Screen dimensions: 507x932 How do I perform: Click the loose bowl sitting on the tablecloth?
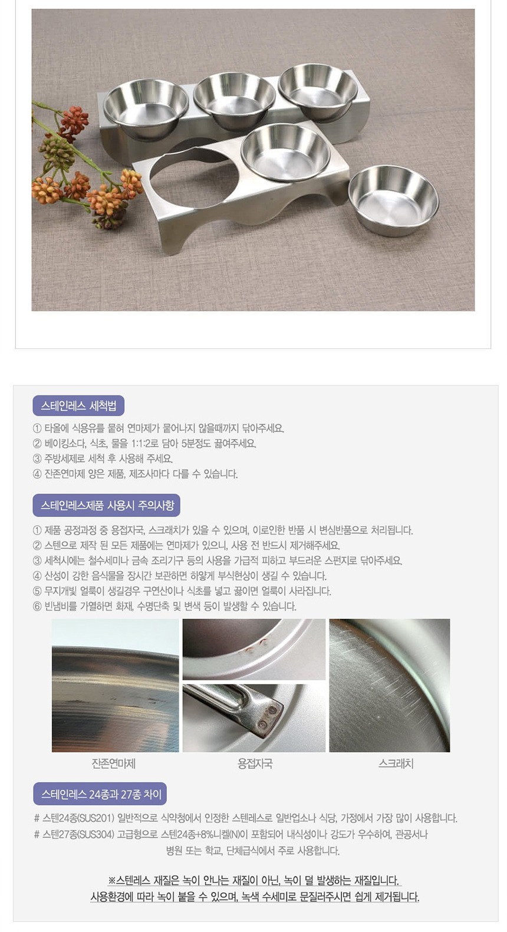[393, 200]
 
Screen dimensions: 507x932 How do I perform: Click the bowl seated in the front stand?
[286, 153]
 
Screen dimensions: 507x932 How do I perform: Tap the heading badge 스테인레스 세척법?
[78, 406]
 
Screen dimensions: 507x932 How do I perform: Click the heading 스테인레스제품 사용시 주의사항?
[107, 505]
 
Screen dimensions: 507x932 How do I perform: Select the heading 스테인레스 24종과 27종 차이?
[100, 794]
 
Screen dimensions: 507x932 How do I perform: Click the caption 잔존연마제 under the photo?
[114, 763]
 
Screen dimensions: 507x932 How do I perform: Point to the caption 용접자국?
[255, 763]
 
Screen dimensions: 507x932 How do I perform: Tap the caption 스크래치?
[396, 763]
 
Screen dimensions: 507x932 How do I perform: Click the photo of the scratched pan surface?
[390, 685]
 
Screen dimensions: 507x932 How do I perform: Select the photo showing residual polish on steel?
[116, 685]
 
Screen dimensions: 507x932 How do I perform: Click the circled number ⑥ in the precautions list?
[37, 606]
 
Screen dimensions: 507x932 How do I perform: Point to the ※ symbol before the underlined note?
[111, 880]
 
